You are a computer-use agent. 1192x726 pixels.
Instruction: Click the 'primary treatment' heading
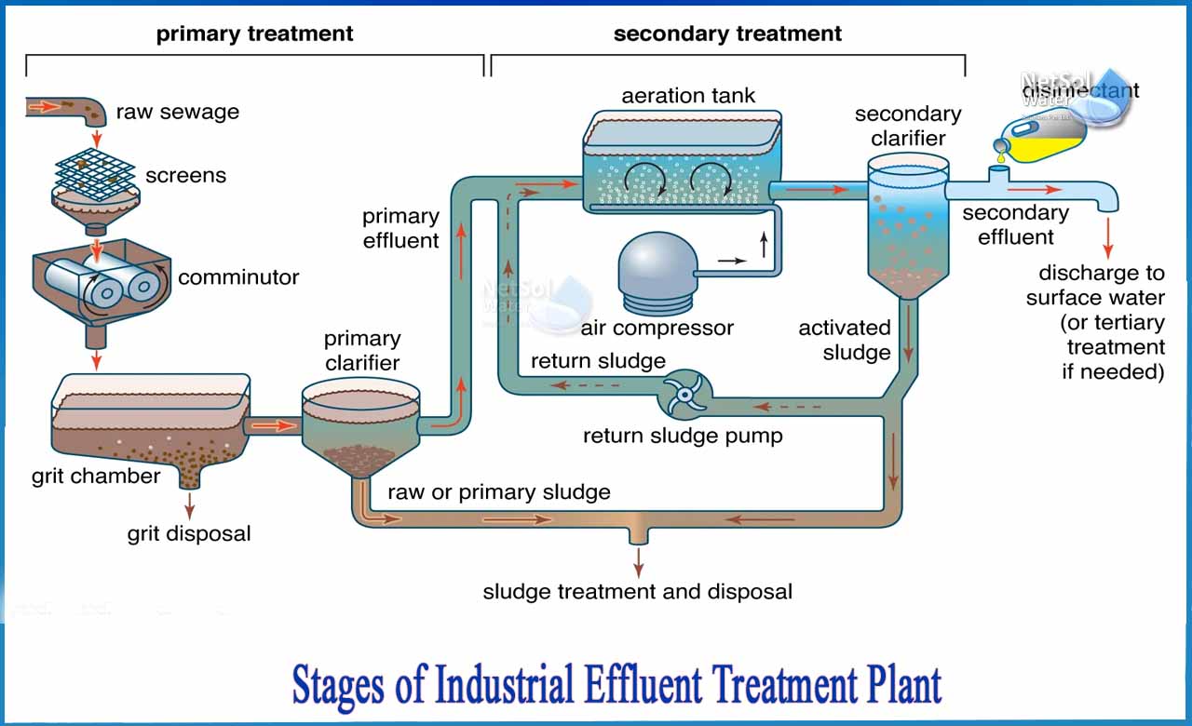(254, 34)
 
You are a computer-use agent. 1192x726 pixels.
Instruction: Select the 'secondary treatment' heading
(727, 34)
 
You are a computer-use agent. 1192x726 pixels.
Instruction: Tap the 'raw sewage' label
(177, 113)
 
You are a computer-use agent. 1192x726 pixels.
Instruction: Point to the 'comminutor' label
(238, 277)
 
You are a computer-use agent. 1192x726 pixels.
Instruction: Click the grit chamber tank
(149, 419)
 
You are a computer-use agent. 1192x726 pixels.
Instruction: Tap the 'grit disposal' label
(189, 534)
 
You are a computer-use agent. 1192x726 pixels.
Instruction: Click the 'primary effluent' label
(400, 228)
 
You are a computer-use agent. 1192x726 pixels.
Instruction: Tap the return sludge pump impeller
(685, 396)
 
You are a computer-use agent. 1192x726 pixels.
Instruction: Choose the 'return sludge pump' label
(683, 436)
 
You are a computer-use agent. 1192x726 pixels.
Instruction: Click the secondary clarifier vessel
(908, 223)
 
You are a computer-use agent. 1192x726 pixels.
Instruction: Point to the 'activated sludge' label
(844, 340)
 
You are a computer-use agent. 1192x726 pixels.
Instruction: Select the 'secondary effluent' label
(1015, 224)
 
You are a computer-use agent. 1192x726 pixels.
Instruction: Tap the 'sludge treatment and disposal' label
(637, 591)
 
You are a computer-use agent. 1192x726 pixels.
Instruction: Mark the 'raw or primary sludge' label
(499, 492)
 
